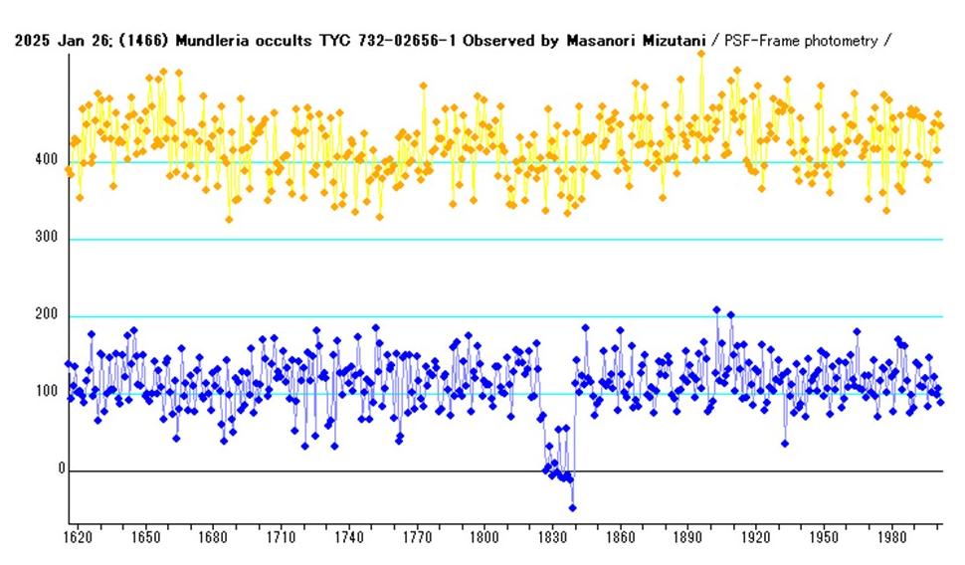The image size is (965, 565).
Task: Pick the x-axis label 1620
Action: coord(78,538)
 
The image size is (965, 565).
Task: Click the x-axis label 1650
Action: coord(145,538)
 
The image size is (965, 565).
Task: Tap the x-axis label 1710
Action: coord(282,538)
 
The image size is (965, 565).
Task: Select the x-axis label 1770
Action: coord(417,538)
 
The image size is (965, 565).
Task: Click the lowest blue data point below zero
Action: coord(572,507)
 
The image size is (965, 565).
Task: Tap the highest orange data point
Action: coord(701,54)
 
